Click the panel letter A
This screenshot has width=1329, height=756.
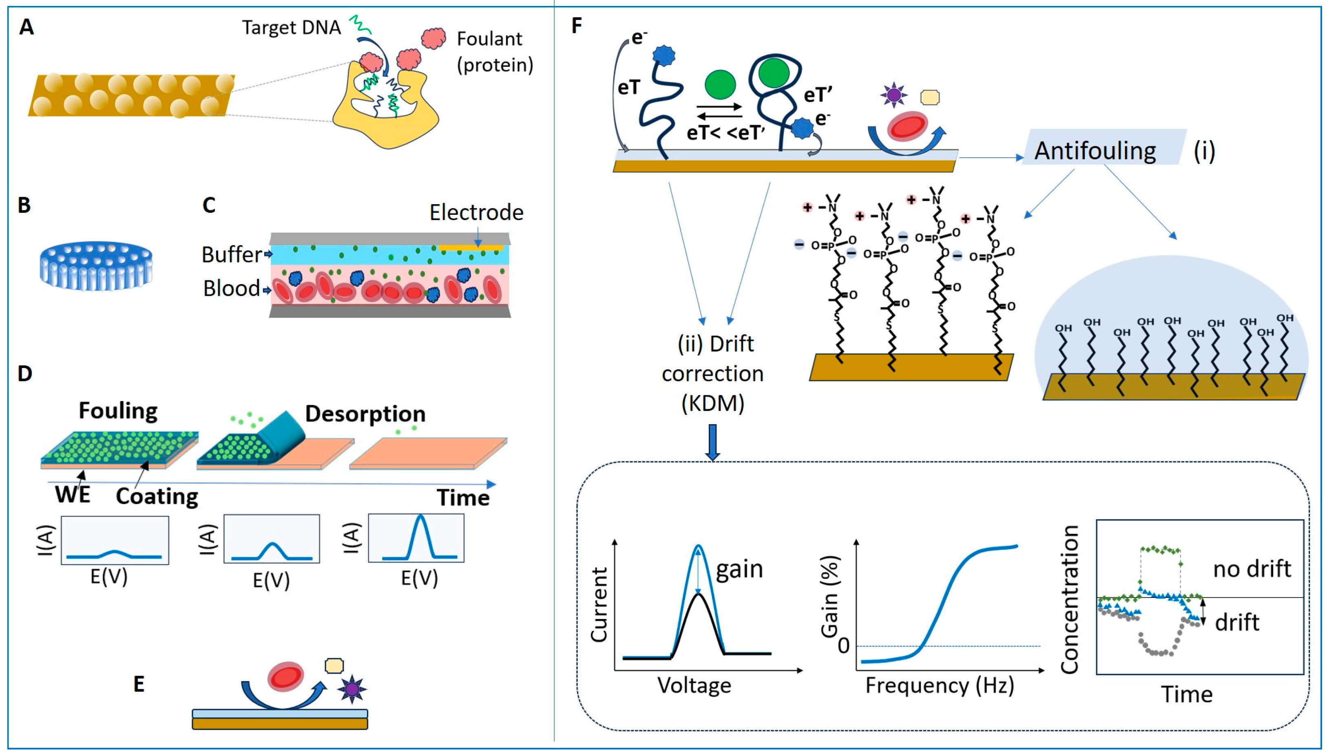point(27,27)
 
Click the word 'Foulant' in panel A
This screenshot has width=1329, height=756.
point(489,39)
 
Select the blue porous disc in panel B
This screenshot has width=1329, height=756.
point(96,265)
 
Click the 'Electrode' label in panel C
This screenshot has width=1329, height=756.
point(476,212)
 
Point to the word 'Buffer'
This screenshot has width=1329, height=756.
point(232,254)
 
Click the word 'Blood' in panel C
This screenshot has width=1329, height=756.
point(231,289)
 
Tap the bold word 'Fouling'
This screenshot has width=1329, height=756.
point(118,411)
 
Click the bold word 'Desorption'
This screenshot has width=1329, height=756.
point(365,414)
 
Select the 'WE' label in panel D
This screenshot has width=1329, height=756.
point(73,495)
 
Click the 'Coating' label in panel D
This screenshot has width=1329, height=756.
point(157,497)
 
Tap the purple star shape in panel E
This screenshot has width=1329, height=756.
point(352,690)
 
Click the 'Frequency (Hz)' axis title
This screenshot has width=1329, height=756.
point(939,686)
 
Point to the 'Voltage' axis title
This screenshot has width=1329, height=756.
point(694,685)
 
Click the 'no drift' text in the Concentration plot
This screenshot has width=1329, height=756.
point(1252,569)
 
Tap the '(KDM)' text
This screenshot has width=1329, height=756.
point(712,403)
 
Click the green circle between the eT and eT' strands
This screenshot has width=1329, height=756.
point(720,85)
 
